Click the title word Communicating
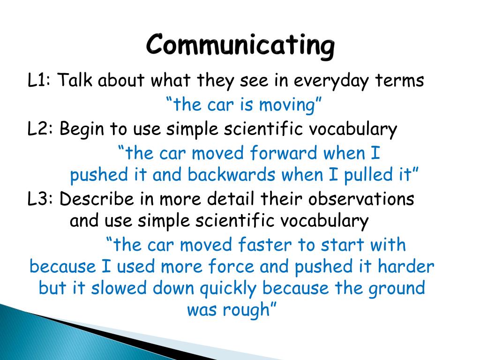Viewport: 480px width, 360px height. [x=240, y=45]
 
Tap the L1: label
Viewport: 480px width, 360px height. [x=39, y=80]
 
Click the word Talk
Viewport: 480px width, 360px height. [x=75, y=80]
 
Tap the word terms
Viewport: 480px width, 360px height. [x=399, y=81]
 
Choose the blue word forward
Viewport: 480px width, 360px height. [x=284, y=153]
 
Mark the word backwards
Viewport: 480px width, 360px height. [x=231, y=174]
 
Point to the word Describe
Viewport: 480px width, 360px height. [x=97, y=199]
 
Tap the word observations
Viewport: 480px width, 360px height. [x=361, y=199]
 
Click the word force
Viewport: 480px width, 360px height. [x=231, y=266]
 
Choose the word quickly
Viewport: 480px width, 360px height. [x=228, y=289]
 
